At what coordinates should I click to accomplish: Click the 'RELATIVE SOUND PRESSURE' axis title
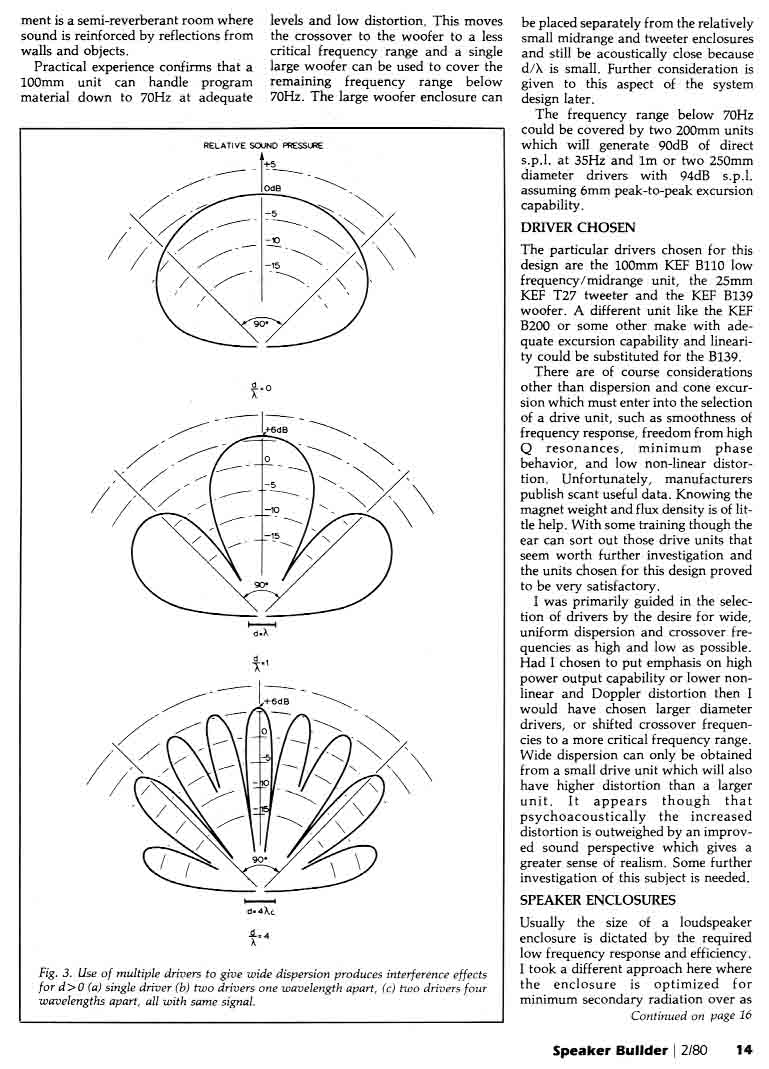pos(263,146)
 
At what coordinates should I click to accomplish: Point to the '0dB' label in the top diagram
pos(273,187)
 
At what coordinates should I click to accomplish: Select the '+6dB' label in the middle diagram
pos(277,429)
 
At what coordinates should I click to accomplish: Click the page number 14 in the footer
pos(743,1050)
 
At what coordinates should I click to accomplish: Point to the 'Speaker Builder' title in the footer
pos(610,1050)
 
